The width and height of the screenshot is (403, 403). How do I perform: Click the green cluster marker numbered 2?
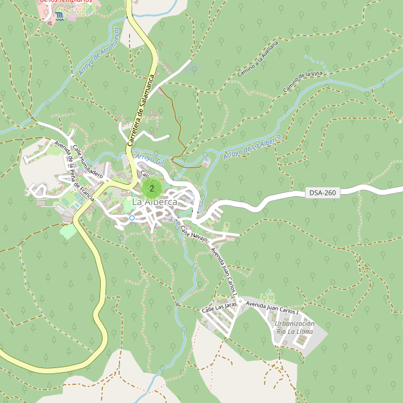(152, 189)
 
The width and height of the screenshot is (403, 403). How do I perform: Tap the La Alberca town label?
(155, 202)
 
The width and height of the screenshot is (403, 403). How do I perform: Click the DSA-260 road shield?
(322, 193)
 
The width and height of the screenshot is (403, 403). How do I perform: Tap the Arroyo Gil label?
(149, 159)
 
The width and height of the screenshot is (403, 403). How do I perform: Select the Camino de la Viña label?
(304, 81)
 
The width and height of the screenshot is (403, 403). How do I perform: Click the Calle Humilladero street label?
(87, 161)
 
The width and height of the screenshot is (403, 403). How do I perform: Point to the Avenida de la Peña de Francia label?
(74, 173)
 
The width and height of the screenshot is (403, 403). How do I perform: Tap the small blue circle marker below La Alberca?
(132, 218)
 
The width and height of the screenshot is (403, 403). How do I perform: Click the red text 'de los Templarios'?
(65, 2)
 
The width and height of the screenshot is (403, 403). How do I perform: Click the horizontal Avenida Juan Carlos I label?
(271, 307)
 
